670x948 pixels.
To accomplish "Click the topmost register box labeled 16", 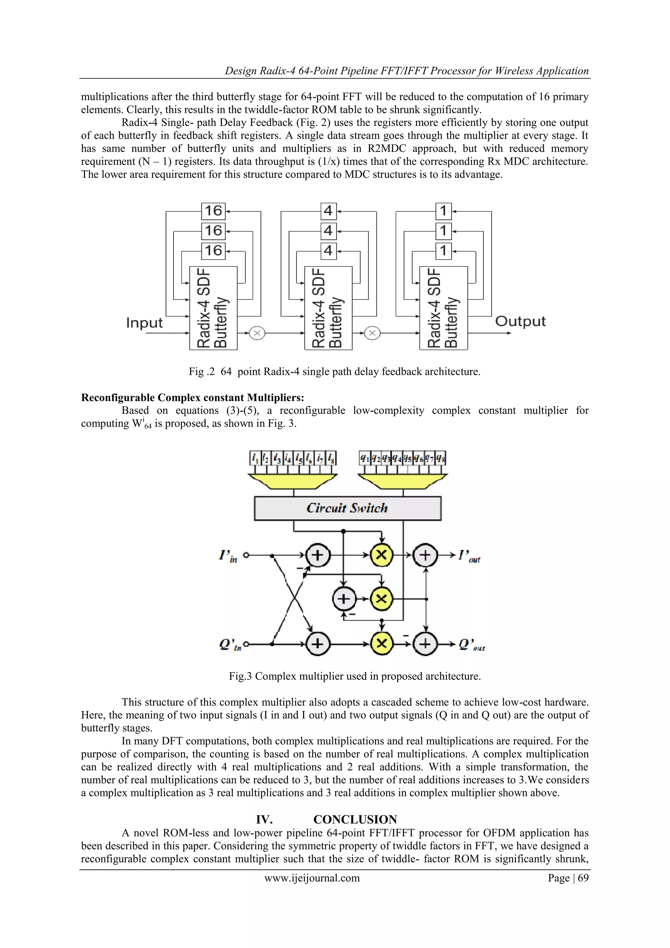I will [213, 211].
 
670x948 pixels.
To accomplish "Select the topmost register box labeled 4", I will [328, 211].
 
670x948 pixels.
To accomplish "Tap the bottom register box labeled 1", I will [444, 251].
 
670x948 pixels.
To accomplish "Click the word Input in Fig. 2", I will [144, 322].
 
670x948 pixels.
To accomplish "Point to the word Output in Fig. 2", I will [520, 321].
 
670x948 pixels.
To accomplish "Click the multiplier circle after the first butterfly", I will [257, 333].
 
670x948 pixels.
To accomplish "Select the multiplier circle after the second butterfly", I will [372, 333].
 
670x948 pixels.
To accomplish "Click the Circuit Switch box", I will [347, 508].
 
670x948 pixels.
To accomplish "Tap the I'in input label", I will [228, 556].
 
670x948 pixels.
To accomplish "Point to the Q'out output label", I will [471, 645].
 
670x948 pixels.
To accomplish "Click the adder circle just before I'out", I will [425, 555].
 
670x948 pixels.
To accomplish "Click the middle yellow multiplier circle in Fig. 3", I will [382, 599].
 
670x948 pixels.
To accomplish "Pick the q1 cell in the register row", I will [364, 458].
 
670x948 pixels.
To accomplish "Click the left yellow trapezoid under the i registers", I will [293, 481].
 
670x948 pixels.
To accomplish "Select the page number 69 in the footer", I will [583, 878].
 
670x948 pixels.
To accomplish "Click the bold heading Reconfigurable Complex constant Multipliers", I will [192, 398].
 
